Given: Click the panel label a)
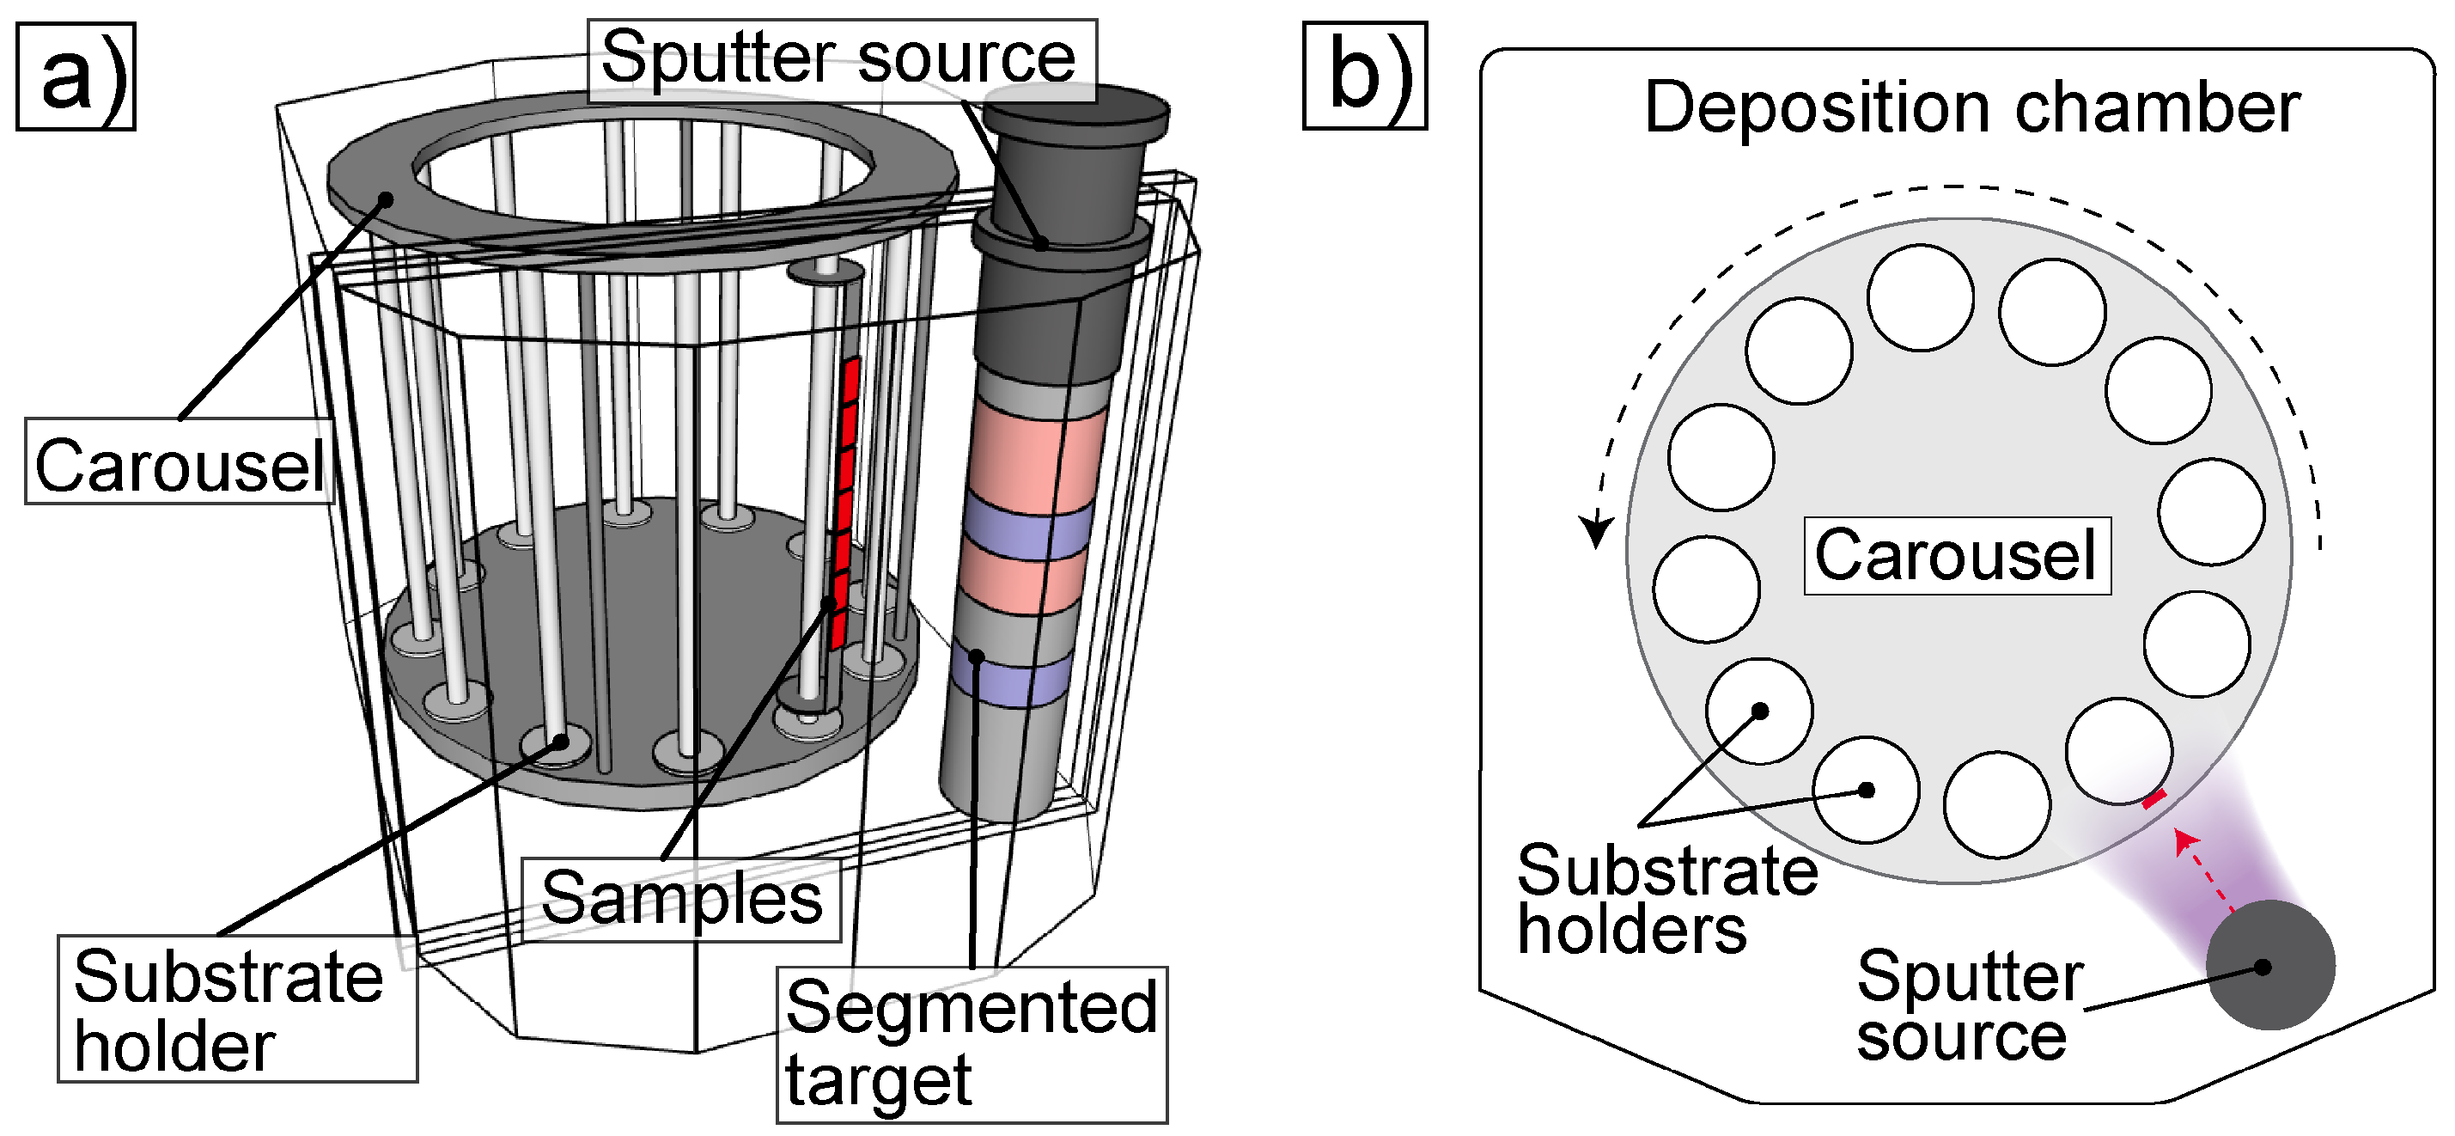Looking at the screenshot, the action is click(x=76, y=76).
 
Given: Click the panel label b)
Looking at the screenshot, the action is click(x=1365, y=76).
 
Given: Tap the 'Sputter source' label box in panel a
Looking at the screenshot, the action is click(x=842, y=60).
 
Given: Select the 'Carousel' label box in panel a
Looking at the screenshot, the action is click(x=180, y=461).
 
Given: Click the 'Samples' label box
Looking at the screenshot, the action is click(x=681, y=900).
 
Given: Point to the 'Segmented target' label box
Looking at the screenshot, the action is click(x=972, y=1046).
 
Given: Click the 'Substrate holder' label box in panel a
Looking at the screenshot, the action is click(x=237, y=1008).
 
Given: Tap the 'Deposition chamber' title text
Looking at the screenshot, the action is click(x=1971, y=107).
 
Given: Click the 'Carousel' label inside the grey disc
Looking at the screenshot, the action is click(x=1957, y=556).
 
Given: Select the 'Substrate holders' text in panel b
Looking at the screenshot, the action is click(x=1666, y=899).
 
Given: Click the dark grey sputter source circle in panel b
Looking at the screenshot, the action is click(x=2271, y=964).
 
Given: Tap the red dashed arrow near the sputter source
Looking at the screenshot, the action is click(x=2204, y=872).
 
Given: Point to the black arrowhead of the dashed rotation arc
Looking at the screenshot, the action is click(x=1596, y=530).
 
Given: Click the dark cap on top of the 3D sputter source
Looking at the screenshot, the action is click(x=1076, y=113).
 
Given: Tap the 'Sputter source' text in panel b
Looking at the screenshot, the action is click(x=1970, y=1005).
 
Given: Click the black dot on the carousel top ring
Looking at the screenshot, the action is click(x=386, y=199).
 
